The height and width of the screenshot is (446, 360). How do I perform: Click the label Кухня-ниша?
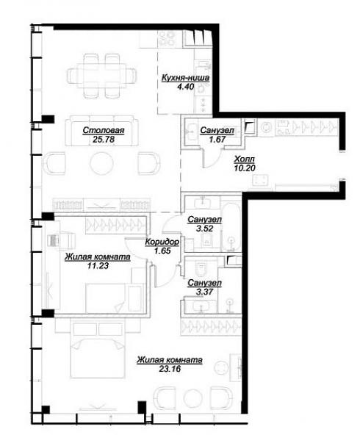tap(185, 78)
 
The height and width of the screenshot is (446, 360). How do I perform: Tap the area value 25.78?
tap(104, 140)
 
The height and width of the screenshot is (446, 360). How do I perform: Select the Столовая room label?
tap(104, 130)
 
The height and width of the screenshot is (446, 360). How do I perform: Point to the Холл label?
tap(244, 159)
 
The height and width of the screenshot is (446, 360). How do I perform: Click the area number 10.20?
tap(245, 168)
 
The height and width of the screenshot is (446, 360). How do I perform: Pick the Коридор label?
tap(162, 242)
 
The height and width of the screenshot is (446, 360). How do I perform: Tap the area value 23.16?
tap(170, 369)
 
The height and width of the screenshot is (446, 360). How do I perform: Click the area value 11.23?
tap(98, 266)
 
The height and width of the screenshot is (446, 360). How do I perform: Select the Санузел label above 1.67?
tap(217, 130)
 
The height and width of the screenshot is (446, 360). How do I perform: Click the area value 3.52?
tap(205, 229)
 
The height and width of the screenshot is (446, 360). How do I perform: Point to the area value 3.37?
tap(205, 292)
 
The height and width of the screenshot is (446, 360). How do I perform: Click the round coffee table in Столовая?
tap(101, 163)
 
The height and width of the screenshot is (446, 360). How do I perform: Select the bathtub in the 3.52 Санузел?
tap(231, 227)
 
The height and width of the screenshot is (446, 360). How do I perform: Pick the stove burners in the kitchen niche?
tap(167, 38)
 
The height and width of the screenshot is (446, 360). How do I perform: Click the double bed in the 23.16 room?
tap(98, 349)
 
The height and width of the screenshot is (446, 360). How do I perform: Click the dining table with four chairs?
tap(101, 76)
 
